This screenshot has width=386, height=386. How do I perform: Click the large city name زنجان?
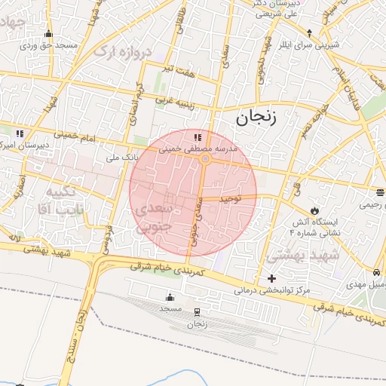coord(256,117)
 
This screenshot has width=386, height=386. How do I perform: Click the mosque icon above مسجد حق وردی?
coord(49,34)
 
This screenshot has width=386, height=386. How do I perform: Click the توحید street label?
coord(229,199)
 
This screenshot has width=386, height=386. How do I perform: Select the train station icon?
coord(198,312)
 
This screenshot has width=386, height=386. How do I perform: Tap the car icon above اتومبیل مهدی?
coord(375,273)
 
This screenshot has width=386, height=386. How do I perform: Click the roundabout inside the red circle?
coord(205,159)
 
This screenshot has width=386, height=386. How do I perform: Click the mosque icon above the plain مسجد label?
coord(168,296)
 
